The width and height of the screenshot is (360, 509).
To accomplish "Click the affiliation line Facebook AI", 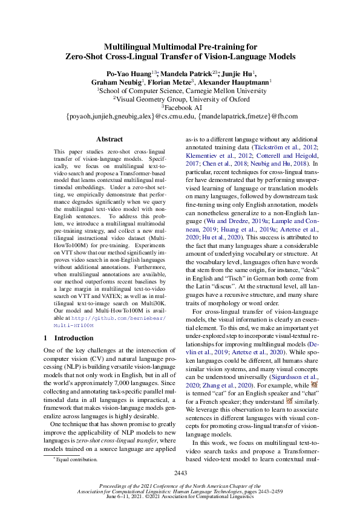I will tap(181, 106).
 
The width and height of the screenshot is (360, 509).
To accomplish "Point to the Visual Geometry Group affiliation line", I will tap(181, 98).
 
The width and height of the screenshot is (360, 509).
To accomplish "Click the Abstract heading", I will tap(110, 139).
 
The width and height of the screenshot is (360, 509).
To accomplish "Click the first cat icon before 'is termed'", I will tap(314, 384).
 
